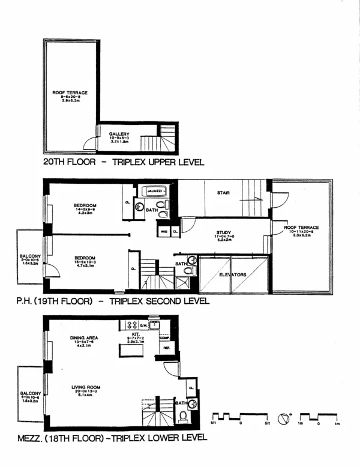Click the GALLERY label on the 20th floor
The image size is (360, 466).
pos(118,134)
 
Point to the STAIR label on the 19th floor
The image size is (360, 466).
pos(224,193)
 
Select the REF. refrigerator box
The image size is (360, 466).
pos(166,348)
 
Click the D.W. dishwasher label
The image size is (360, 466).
pos(136,325)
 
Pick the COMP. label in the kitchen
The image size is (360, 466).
pos(165,337)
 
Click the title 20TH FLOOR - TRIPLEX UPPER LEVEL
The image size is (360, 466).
pos(124,162)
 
